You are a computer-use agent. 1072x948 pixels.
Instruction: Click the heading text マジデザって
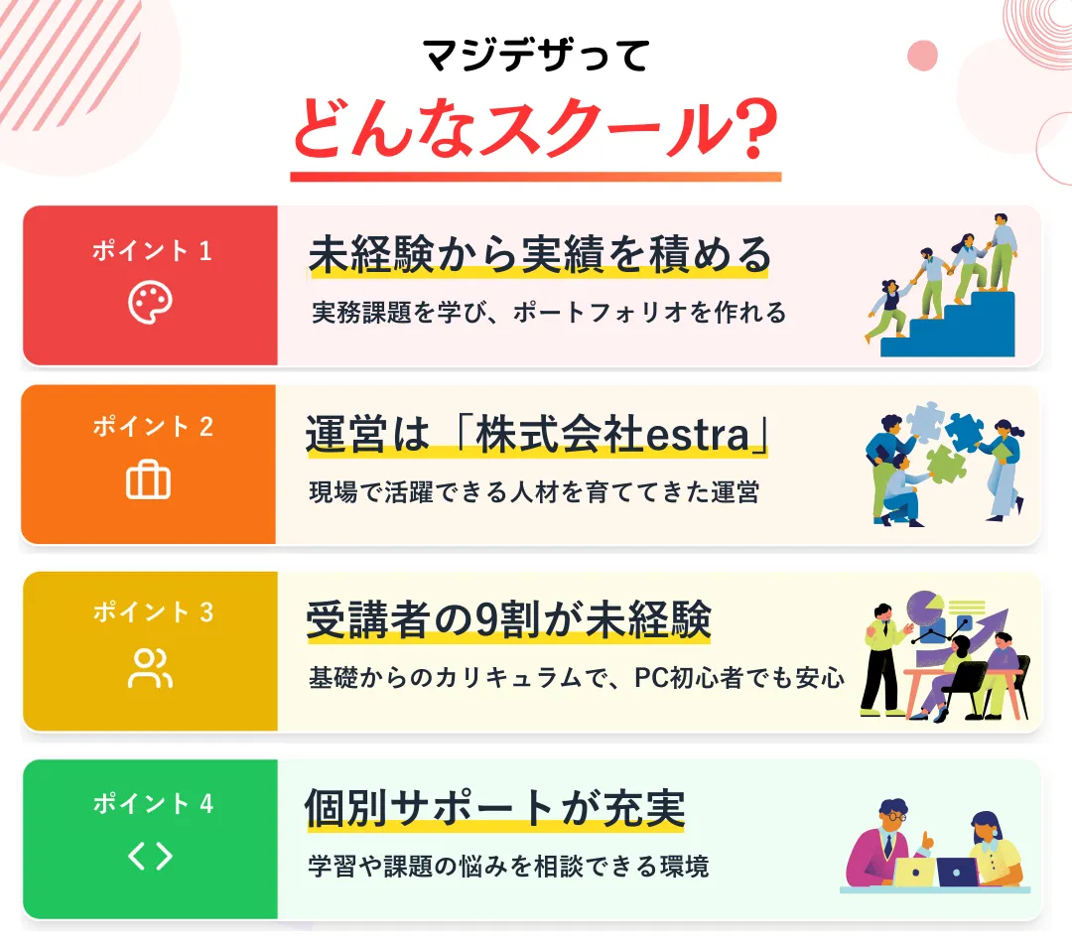tap(536, 55)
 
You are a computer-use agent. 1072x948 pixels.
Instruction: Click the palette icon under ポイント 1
tap(150, 302)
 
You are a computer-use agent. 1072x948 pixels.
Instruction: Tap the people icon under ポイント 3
tap(150, 668)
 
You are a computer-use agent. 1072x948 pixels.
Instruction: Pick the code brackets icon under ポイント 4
tap(150, 856)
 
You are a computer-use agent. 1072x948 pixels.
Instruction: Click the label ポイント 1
tap(152, 251)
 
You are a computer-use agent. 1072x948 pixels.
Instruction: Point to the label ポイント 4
tap(153, 803)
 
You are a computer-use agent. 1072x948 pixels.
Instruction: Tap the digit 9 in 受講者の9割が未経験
tap(486, 620)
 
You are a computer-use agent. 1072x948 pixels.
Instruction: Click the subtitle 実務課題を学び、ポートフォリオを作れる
tap(549, 313)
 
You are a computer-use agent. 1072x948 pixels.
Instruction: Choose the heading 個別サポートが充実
tap(494, 808)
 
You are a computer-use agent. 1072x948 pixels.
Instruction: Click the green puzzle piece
tap(945, 463)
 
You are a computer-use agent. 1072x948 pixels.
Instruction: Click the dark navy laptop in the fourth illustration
tap(957, 872)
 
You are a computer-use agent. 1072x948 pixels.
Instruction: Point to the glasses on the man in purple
tap(895, 816)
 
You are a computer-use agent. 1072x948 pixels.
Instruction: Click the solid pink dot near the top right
tap(922, 56)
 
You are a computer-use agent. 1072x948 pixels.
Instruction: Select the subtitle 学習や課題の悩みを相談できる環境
tap(508, 866)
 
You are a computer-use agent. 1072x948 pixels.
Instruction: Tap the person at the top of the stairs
tap(1002, 250)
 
